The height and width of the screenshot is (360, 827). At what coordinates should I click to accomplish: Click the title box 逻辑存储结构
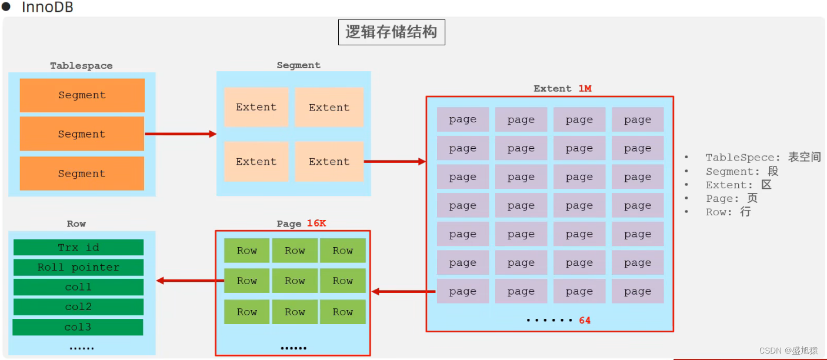coord(391,32)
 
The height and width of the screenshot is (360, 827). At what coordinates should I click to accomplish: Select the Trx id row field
coord(78,247)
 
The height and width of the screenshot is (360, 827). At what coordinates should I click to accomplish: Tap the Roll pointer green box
coord(78,268)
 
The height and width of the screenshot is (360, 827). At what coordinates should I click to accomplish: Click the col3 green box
coord(78,327)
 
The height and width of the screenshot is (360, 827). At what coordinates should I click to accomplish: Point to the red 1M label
coord(584,89)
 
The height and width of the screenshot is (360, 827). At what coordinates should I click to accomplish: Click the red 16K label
coord(316,224)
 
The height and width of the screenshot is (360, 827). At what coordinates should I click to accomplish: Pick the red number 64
coord(584,321)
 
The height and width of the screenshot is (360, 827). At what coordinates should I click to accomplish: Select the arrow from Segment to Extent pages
coord(395,161)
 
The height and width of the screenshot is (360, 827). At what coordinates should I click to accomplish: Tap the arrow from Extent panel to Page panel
coord(404,291)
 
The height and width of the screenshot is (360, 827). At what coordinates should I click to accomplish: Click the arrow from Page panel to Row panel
coord(189,281)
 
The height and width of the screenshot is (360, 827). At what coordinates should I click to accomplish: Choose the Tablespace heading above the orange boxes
coord(81,66)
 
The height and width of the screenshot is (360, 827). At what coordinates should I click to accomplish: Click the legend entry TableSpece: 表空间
coord(762,158)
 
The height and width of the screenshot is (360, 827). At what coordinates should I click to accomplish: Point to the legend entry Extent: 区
coord(738,185)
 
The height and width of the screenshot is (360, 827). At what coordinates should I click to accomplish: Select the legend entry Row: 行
coord(728,212)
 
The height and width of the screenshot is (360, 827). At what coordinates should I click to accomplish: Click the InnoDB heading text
coord(47,8)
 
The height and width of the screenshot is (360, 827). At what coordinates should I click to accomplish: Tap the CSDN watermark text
coord(788,351)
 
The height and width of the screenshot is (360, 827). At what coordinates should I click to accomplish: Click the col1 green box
coord(78,287)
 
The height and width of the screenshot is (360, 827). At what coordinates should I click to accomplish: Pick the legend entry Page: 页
coord(732,198)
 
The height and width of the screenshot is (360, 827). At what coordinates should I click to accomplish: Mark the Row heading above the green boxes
coord(76,224)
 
